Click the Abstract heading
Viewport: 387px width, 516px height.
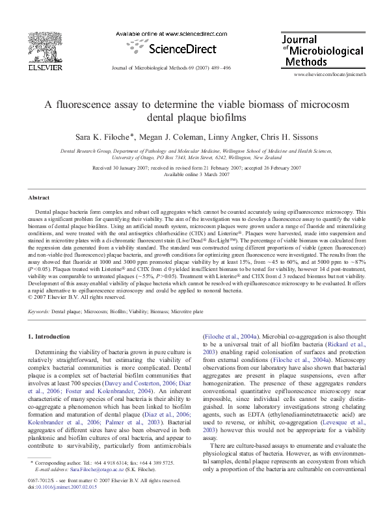click(x=39, y=198)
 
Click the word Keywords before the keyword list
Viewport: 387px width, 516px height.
click(x=40, y=312)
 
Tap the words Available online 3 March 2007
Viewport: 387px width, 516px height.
click(x=196, y=174)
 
